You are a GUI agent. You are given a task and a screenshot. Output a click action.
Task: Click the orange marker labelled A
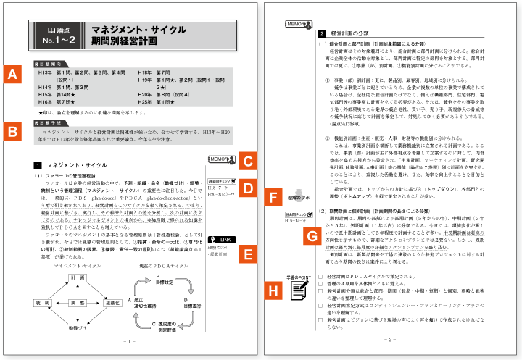pos(12,74)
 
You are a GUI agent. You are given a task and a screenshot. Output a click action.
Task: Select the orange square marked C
pos(249,161)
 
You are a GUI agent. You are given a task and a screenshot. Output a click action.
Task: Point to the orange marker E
pos(249,254)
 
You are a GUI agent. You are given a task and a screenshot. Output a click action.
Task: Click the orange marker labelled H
pos(274,290)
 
